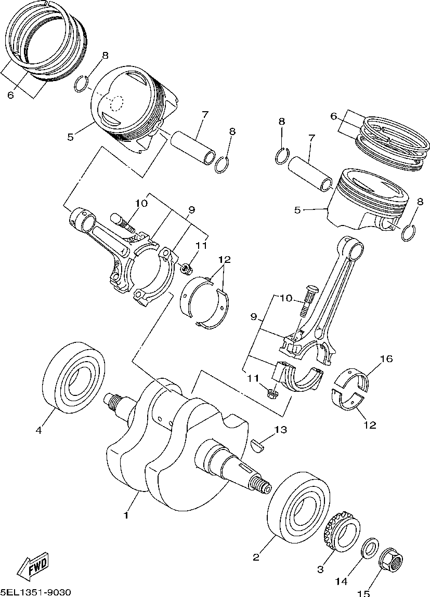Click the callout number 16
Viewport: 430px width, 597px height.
click(x=386, y=359)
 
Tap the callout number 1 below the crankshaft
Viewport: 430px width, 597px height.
click(x=125, y=515)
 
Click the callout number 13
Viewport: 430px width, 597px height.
click(x=280, y=430)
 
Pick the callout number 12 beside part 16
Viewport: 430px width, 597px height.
click(x=370, y=425)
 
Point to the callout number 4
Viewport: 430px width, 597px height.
click(x=38, y=430)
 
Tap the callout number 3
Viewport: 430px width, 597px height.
click(x=320, y=569)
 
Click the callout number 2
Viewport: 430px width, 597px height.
click(x=256, y=558)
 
